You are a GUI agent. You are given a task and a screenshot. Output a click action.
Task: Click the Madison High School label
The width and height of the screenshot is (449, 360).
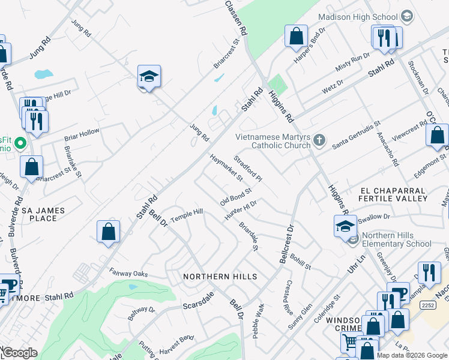click(358, 17)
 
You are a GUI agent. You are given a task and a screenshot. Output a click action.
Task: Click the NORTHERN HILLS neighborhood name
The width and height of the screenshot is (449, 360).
click(220, 277)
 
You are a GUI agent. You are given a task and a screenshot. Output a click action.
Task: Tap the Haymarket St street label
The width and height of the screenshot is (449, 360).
click(226, 167)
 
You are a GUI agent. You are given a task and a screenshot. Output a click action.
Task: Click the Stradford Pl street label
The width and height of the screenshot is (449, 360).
click(248, 169)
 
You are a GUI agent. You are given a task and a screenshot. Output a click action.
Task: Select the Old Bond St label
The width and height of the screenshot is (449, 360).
click(235, 194)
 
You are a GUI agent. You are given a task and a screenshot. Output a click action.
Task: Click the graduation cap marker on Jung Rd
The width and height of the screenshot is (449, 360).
click(149, 76)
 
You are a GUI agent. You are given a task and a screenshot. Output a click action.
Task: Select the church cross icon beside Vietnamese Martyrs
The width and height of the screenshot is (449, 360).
click(319, 140)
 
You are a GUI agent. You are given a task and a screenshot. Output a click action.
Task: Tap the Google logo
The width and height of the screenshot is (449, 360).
click(19, 353)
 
